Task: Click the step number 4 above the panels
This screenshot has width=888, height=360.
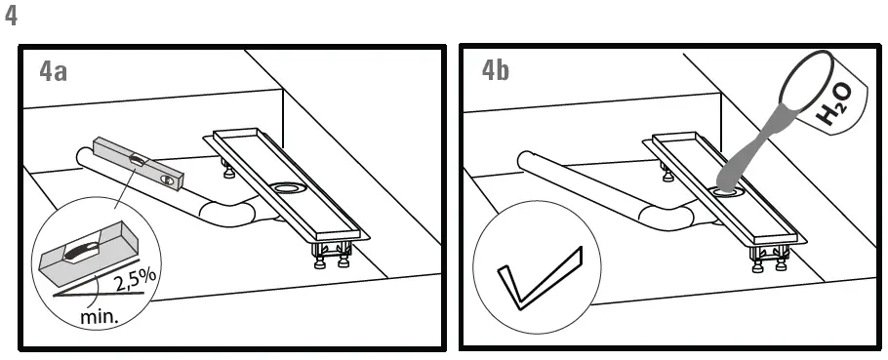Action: click(x=12, y=19)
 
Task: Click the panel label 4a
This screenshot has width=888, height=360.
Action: click(x=54, y=71)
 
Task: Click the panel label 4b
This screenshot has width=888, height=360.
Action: click(x=495, y=71)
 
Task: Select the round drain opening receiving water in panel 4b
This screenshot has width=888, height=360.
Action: click(x=725, y=192)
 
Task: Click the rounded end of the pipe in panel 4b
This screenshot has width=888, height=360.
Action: click(x=524, y=158)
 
